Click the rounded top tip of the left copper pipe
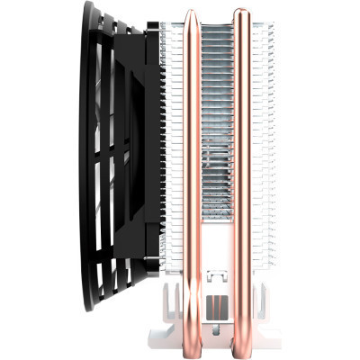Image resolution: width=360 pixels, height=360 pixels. (192, 12)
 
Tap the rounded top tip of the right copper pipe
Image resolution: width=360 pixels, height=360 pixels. (241, 12)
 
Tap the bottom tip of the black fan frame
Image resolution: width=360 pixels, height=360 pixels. (91, 310)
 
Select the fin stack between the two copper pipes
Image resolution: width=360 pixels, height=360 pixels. (217, 135)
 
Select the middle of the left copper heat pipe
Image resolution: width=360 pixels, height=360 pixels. (192, 171)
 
